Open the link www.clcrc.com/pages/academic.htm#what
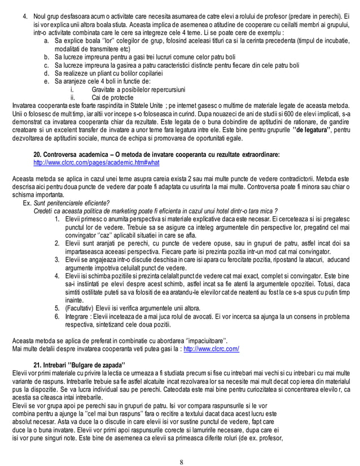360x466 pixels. point(96,162)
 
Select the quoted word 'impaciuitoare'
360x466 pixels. point(203,340)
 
